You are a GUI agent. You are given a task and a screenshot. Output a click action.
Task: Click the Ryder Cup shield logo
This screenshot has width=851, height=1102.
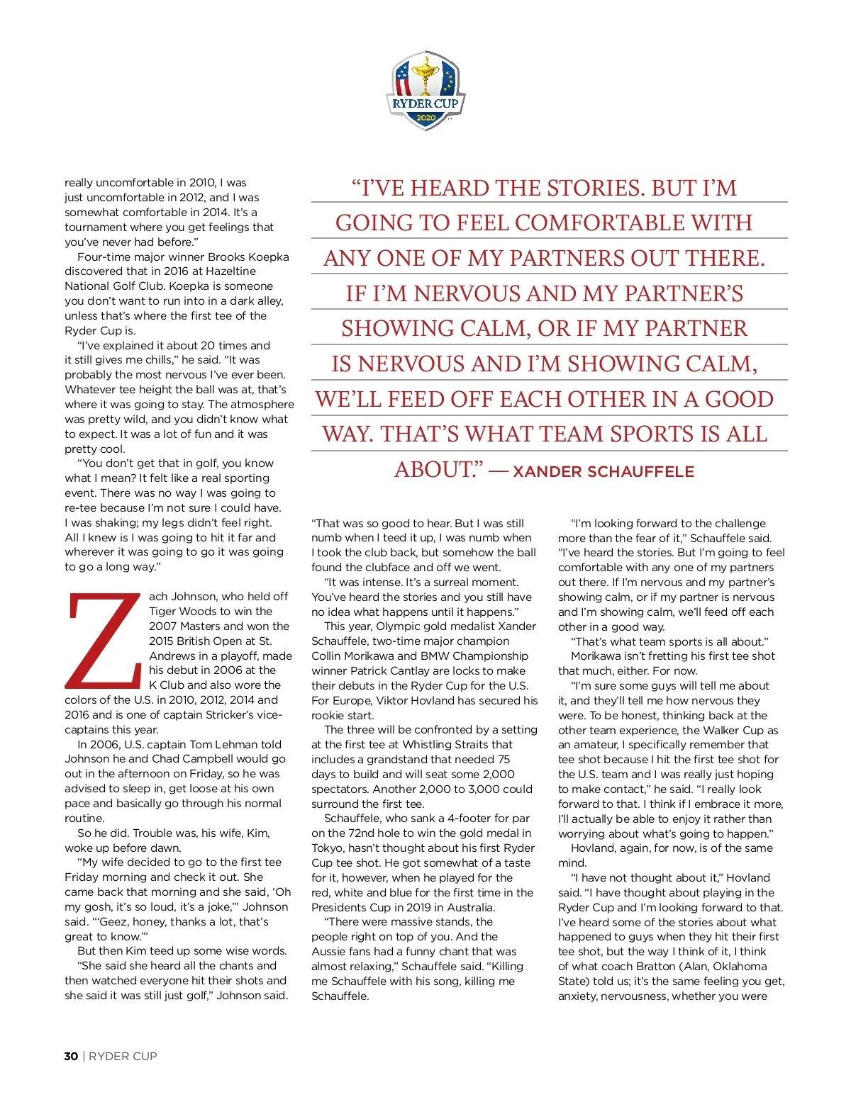(425, 90)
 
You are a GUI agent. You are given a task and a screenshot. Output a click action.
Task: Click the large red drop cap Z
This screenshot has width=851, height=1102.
(104, 641)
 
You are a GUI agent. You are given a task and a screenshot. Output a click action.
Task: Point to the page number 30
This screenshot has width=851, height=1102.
(71, 1056)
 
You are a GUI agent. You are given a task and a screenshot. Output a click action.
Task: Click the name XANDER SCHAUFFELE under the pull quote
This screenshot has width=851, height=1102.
(604, 472)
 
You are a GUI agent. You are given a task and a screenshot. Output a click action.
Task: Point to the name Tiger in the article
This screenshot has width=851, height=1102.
(164, 612)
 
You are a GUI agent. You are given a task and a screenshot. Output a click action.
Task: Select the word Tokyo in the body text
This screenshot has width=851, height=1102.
(328, 848)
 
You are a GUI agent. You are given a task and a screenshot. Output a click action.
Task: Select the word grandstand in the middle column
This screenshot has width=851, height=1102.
(397, 760)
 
